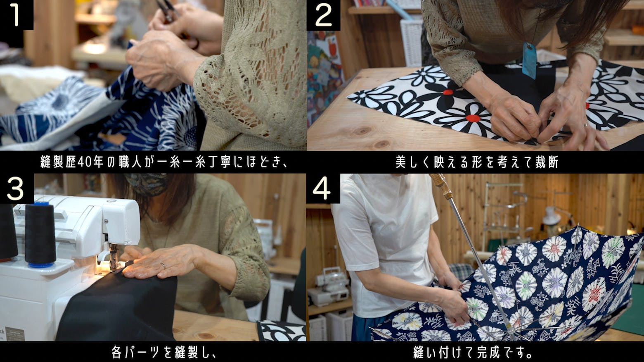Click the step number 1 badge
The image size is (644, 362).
[x=17, y=15]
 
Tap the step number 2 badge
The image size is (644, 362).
[x=323, y=15]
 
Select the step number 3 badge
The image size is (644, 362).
[x=17, y=189]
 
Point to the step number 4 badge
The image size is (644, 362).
[x=323, y=188]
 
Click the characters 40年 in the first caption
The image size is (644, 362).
[x=90, y=162]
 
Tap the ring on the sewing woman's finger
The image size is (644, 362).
[x=163, y=265]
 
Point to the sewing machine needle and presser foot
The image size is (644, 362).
[x=113, y=257]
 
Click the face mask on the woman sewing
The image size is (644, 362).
[x=146, y=184]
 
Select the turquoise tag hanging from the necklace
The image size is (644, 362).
[x=529, y=60]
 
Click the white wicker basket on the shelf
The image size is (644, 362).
[x=412, y=42]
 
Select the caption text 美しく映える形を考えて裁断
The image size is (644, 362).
[x=477, y=162]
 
